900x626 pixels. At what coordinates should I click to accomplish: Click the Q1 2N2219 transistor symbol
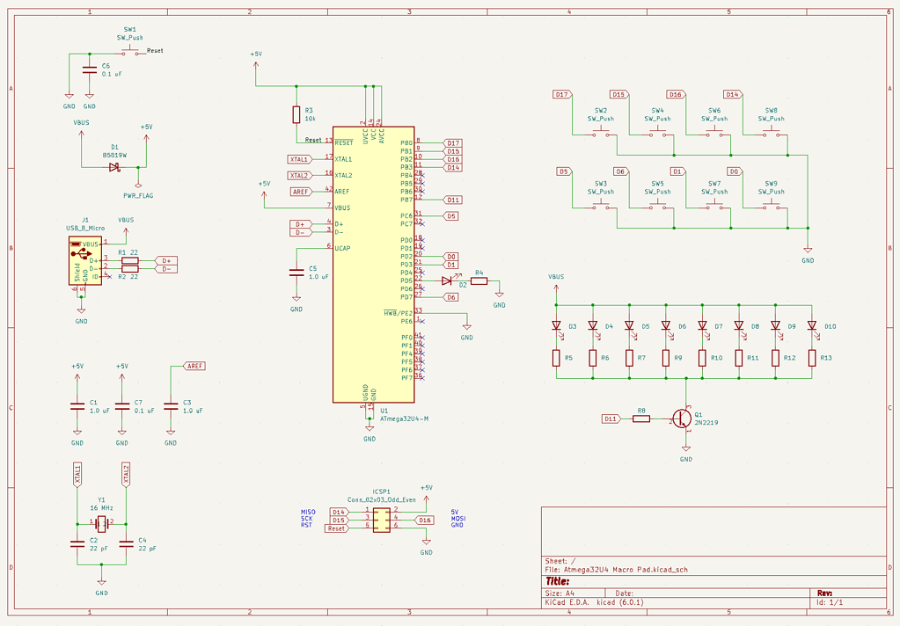[682, 419]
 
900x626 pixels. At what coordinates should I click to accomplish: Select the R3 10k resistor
[296, 115]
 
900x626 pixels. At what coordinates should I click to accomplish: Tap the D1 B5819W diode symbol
[114, 167]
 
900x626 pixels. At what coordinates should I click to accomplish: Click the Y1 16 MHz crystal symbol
[101, 523]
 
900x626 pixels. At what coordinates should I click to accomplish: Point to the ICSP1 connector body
[381, 520]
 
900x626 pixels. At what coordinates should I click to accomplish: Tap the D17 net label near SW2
[562, 94]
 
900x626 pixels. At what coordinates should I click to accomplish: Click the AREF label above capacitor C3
[194, 366]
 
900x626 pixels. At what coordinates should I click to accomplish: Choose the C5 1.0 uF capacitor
[296, 273]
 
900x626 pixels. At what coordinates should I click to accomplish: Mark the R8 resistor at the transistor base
[641, 419]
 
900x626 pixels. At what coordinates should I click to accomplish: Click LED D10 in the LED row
[812, 325]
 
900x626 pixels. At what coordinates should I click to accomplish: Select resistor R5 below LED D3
[556, 358]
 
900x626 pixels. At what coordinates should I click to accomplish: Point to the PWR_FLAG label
[137, 196]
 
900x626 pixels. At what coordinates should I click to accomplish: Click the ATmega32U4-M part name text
[404, 419]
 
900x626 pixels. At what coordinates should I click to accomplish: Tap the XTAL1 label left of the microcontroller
[298, 159]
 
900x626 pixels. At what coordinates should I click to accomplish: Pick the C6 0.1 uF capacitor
[89, 70]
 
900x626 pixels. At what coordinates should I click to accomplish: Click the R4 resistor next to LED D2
[479, 281]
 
